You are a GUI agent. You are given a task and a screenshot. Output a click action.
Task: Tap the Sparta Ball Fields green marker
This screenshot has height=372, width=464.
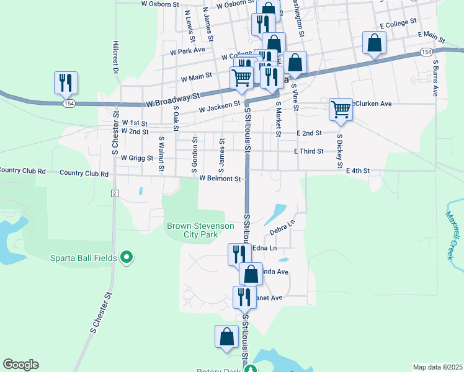[127, 256]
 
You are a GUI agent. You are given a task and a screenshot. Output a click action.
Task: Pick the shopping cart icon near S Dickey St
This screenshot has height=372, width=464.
[341, 109]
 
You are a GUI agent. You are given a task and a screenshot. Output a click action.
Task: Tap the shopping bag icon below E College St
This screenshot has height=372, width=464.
[374, 43]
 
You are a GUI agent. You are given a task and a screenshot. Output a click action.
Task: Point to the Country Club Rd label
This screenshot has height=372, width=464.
[84, 174]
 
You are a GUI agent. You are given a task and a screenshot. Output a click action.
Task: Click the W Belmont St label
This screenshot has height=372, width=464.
[220, 179]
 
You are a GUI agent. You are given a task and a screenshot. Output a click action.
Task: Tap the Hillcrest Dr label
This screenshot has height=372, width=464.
[115, 57]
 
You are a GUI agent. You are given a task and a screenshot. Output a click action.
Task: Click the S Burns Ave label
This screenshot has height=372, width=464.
[435, 77]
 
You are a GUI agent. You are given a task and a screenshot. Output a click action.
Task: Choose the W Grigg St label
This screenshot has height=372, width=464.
[137, 158]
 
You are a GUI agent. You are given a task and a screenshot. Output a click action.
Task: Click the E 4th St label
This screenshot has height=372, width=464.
[358, 170]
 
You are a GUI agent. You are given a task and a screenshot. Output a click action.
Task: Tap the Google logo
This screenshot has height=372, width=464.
[20, 365]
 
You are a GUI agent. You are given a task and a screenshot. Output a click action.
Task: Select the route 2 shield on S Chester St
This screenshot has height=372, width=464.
[114, 193]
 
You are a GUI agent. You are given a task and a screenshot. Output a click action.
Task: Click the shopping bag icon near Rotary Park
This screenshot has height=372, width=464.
[227, 337]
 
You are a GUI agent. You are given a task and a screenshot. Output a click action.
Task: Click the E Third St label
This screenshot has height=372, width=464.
[309, 151]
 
